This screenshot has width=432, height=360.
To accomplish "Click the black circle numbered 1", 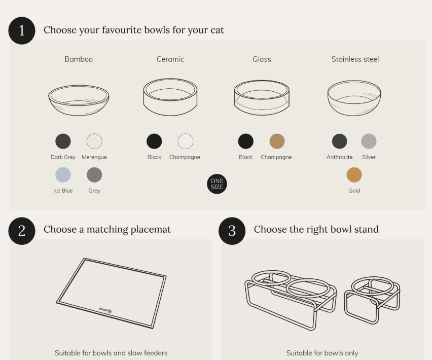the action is click(x=22, y=30).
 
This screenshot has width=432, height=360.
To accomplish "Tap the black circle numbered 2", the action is click(x=22, y=231).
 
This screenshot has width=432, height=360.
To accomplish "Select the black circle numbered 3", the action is click(x=232, y=231).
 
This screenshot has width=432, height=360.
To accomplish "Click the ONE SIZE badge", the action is click(x=217, y=184).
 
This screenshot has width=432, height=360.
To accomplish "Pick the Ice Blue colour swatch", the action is click(x=63, y=174).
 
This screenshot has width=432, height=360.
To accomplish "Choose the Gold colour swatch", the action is click(x=354, y=174).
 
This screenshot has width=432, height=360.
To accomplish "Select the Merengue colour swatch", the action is click(x=94, y=141).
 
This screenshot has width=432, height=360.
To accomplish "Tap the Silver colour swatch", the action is click(x=369, y=141).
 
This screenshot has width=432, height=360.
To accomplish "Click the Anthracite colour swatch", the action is click(x=339, y=141).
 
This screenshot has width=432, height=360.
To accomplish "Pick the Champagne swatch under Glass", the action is click(x=277, y=141).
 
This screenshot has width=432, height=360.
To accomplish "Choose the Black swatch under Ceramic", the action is click(x=154, y=141).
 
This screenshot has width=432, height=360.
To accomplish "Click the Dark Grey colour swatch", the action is click(x=63, y=141).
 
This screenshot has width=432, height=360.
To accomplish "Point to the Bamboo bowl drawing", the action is click(x=79, y=100).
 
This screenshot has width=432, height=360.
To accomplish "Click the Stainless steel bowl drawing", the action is click(x=354, y=98).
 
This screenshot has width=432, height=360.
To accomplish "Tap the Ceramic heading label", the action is click(x=170, y=59).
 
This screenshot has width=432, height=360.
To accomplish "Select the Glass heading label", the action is click(x=262, y=59).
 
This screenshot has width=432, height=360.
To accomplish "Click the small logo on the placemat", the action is click(x=105, y=310).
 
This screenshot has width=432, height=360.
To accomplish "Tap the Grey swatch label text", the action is click(x=94, y=191).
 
